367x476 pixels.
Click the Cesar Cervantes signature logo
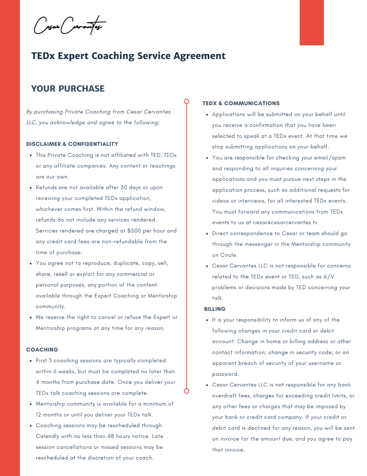pos(70,25)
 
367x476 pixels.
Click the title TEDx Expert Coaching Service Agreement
pos(128,56)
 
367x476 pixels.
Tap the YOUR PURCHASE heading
pos(68,89)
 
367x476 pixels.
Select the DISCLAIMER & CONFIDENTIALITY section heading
pos(72,144)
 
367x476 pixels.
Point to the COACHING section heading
pos(42,350)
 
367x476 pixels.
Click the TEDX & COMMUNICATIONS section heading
pos(241,103)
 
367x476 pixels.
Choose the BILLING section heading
pos(215,309)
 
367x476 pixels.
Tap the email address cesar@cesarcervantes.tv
pos(286,222)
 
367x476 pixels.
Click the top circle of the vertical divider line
pos(186,101)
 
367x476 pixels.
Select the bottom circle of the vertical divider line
pos(186,391)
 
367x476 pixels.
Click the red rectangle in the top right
pos(312,22)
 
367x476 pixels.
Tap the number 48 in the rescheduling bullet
pos(111,436)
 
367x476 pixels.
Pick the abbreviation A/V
pos(329,277)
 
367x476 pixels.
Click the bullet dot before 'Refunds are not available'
pos(31,188)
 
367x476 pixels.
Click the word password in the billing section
pos(225,374)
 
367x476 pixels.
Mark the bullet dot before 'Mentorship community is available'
pos(31,404)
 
